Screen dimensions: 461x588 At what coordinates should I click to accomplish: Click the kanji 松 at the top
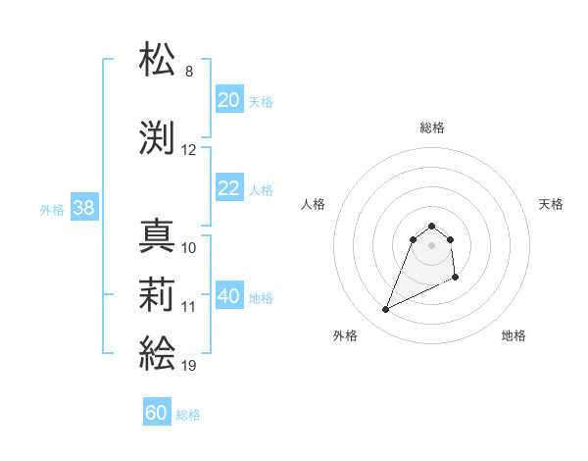click(158, 60)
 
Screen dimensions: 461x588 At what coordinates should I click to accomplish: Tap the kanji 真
click(158, 235)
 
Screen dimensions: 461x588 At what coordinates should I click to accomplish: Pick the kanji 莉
click(158, 294)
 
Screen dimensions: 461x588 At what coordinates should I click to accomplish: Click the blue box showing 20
click(228, 100)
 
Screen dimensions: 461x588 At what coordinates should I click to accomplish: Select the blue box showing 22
click(228, 188)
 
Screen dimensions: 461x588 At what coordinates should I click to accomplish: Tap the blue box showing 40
click(228, 296)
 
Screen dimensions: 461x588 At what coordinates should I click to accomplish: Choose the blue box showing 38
click(83, 208)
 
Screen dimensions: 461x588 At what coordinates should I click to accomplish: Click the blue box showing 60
click(157, 413)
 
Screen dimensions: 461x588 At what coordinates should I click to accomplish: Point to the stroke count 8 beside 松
click(189, 72)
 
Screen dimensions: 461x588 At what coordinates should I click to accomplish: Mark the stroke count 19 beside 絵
click(189, 366)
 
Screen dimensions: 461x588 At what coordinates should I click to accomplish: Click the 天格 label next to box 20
click(260, 101)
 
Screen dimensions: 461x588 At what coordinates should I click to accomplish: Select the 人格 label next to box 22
click(260, 189)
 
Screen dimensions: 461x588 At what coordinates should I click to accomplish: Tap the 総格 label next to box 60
click(188, 415)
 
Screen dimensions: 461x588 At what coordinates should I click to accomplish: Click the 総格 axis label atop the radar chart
click(432, 128)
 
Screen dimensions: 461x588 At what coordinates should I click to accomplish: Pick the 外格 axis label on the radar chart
click(345, 335)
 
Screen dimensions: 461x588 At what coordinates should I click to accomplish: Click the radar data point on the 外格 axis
click(386, 310)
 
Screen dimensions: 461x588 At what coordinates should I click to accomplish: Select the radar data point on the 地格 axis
click(457, 279)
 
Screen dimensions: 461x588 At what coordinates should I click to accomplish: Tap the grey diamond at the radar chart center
click(432, 245)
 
